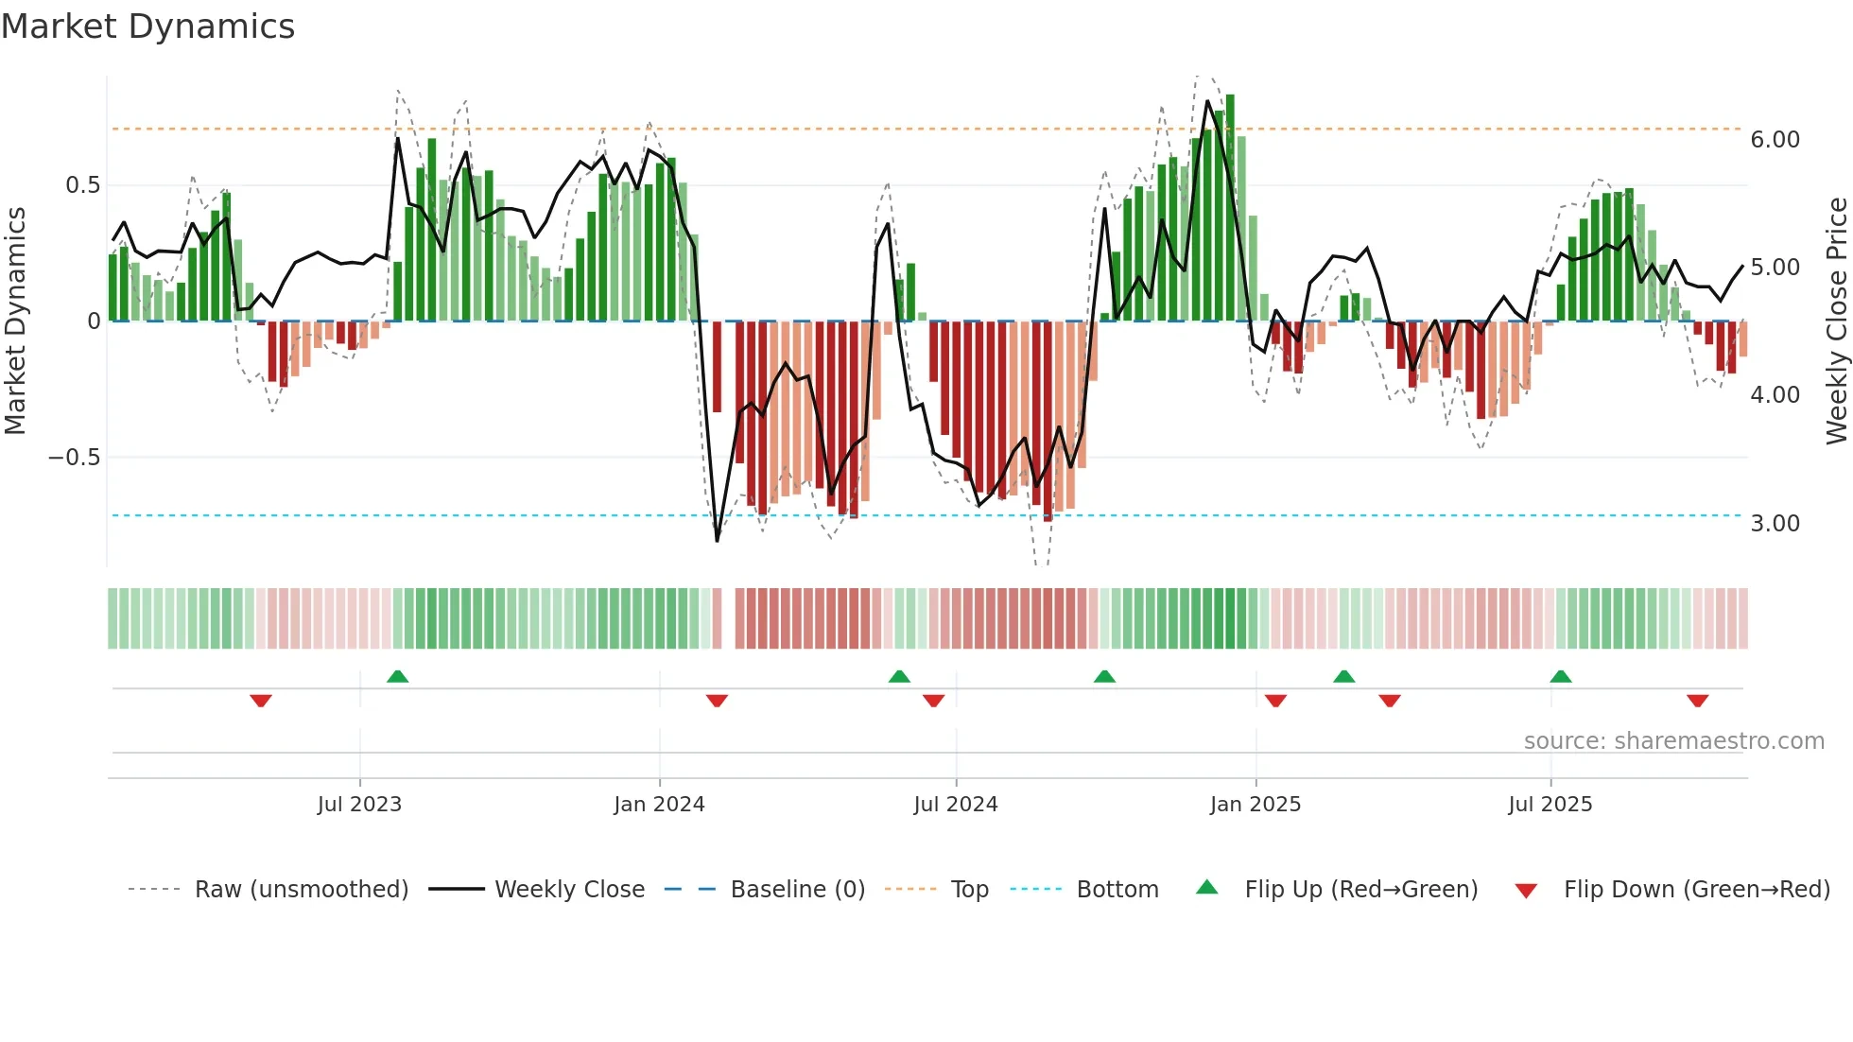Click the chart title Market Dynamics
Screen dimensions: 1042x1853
(x=147, y=26)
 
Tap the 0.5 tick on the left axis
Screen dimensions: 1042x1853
(x=82, y=185)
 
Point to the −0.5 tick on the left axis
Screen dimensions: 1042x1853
(x=74, y=458)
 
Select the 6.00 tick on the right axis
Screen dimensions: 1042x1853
(x=1775, y=140)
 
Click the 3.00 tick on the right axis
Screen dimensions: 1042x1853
(x=1775, y=524)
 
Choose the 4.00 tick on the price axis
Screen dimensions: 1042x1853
(x=1775, y=395)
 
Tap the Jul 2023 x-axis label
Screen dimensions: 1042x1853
(x=359, y=805)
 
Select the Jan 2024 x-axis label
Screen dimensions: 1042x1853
(x=659, y=805)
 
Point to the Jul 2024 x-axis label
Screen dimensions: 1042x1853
(x=955, y=805)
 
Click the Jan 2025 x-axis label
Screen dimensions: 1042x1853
(x=1255, y=805)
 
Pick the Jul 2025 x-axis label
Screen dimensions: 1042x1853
(x=1550, y=805)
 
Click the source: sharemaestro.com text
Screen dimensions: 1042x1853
(x=1673, y=741)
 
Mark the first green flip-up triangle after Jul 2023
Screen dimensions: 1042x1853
(x=397, y=677)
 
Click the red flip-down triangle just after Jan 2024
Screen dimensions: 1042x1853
(x=717, y=701)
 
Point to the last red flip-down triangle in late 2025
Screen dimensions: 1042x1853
(x=1697, y=701)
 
